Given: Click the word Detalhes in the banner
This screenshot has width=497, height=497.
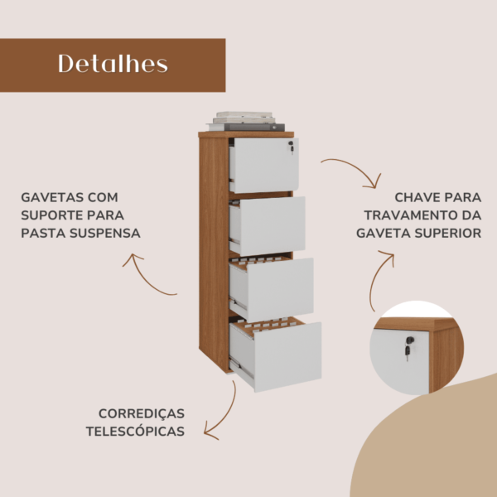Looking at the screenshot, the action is pyautogui.click(x=113, y=64).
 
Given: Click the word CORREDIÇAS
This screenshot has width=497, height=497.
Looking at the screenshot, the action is pyautogui.click(x=142, y=413).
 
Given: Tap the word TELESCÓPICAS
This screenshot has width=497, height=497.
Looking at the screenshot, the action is pyautogui.click(x=135, y=432).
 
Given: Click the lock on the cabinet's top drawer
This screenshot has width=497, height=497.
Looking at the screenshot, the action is pyautogui.click(x=291, y=147).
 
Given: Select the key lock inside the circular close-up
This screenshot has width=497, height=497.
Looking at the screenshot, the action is pyautogui.click(x=409, y=348).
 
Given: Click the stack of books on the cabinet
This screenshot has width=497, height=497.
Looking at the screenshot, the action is pyautogui.click(x=246, y=121).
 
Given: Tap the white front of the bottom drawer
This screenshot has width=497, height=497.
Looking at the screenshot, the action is pyautogui.click(x=287, y=357).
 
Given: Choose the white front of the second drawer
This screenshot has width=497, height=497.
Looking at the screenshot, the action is pyautogui.click(x=272, y=225).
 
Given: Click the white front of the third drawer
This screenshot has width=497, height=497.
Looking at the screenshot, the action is pyautogui.click(x=280, y=290).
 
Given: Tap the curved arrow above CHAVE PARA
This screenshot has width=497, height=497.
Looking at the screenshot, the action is pyautogui.click(x=355, y=171).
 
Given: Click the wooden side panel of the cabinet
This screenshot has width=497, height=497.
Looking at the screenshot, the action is pyautogui.click(x=214, y=253).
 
